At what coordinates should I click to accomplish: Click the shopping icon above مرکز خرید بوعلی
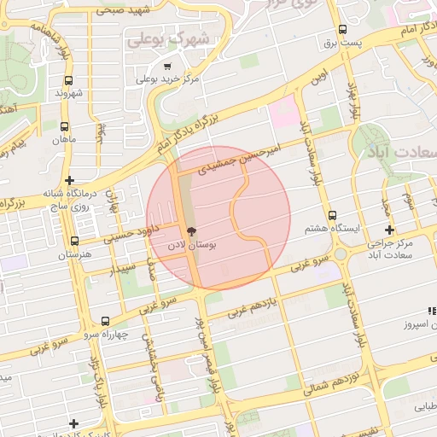167,66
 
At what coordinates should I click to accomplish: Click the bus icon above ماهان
65,126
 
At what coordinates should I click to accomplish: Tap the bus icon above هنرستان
75,242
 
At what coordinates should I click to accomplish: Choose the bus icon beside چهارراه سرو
104,322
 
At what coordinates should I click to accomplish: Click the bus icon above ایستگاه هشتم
332,216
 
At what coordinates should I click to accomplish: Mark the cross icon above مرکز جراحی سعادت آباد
390,230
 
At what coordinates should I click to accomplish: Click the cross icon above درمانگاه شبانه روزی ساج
69,180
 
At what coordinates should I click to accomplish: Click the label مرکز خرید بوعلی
167,79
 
